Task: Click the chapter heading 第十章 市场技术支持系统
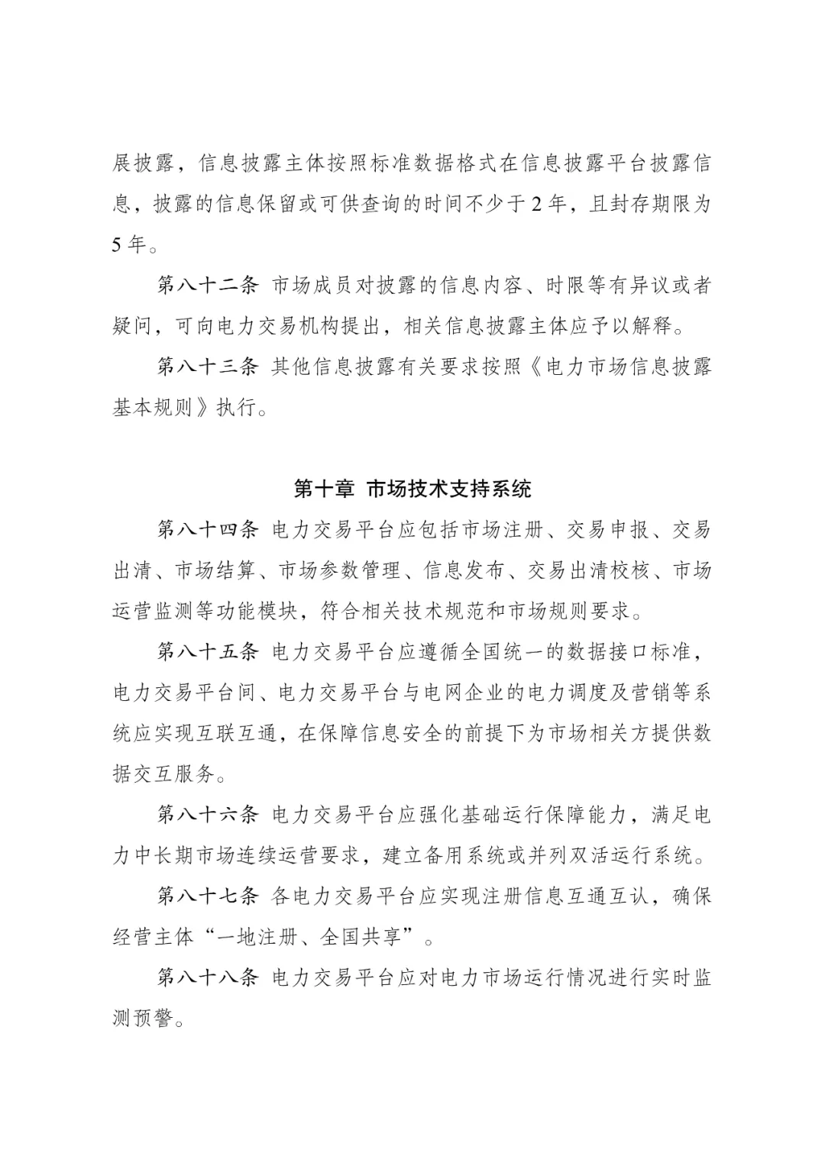pos(412,489)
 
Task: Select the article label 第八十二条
pos(209,286)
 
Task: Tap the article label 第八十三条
pos(209,367)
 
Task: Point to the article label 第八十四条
pos(209,530)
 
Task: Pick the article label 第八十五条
pos(209,652)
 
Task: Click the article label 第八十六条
pos(209,815)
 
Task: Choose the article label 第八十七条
pos(209,896)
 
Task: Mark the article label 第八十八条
pos(209,977)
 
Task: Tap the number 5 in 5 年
pos(118,245)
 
